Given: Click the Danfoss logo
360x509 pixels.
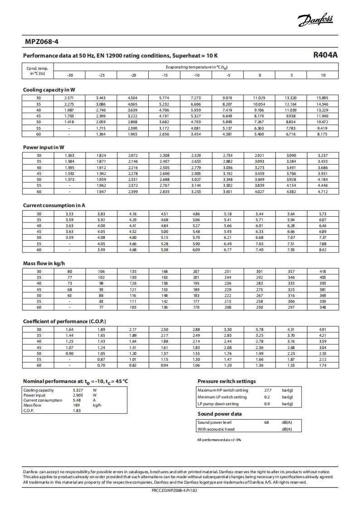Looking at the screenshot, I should pos(315,20).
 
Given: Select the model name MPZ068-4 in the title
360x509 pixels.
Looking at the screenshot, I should pos(42,42).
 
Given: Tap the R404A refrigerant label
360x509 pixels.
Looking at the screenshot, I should pos(326,55).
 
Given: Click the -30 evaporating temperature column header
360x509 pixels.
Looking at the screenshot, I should pos(70,75).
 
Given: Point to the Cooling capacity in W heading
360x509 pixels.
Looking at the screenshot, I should pos(49,90).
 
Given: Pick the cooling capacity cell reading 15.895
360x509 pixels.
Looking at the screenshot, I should pos(322,98).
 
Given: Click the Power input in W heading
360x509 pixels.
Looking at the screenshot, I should pos(44,147).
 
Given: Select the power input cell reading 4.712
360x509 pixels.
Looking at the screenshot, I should pos(322,192).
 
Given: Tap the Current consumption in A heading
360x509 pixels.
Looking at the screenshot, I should pos(54,205).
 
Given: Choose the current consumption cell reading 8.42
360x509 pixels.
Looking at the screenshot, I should pos(322,250).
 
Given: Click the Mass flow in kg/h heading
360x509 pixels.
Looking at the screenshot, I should pos(41,263).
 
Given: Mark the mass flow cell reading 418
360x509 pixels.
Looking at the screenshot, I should pos(322,271).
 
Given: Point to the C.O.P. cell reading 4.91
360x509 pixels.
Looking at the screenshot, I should pos(322,330).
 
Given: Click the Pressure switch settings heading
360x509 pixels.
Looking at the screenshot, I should pos(227,381).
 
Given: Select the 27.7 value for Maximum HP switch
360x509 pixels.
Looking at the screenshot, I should pos(268,390).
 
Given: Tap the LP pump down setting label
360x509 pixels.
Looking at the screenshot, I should pos(218,404).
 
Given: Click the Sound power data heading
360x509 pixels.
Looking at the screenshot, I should pos(219,414).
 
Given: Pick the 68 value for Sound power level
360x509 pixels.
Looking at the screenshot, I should pos(267,422).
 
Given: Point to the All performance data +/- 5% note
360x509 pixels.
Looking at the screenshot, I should pos(219,440).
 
